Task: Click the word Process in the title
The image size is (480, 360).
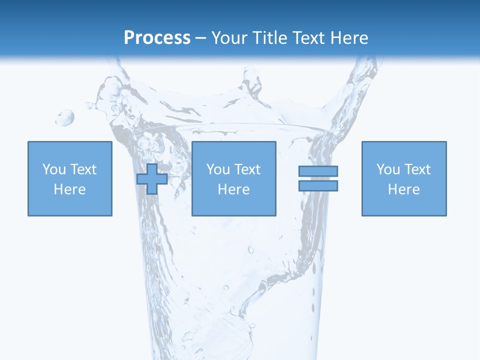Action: coord(157,38)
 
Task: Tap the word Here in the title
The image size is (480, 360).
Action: coord(348,38)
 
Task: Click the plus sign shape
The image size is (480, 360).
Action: coord(152,179)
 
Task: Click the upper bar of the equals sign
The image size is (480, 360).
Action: coord(318,171)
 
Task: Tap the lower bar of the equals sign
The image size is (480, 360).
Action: coord(318,185)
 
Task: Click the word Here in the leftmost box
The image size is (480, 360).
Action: coord(69,189)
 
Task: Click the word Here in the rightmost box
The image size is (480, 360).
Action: coord(404,189)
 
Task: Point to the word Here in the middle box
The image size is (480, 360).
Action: coord(233,189)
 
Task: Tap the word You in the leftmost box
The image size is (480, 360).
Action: coord(54,169)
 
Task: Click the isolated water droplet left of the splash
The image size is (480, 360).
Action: coord(65,118)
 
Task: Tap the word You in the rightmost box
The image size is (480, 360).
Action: coord(388,169)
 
